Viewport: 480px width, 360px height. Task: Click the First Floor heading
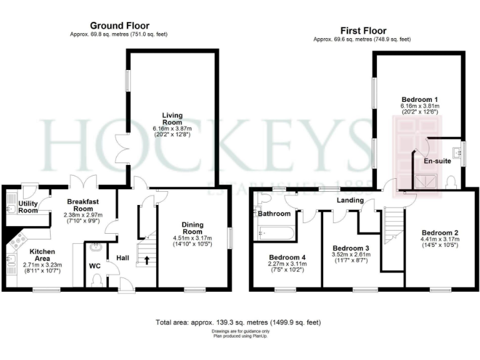coord(362,31)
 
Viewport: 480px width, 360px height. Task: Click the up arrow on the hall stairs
coord(147,260)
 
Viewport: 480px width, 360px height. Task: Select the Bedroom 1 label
coord(419,99)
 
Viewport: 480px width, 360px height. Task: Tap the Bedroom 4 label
coord(287,257)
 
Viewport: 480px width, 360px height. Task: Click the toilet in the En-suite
coord(451,182)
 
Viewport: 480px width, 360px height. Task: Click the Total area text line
coord(237,322)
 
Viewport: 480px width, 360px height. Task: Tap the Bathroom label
coord(275,214)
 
